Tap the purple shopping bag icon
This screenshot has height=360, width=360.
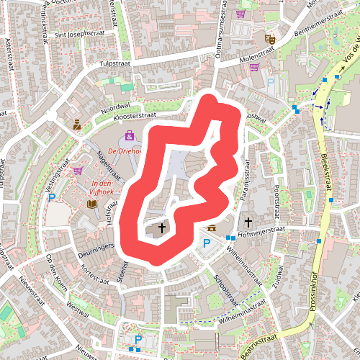click(x=130, y=135)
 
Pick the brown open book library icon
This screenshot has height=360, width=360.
click(x=92, y=204)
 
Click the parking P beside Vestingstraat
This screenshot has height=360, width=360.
click(x=52, y=197)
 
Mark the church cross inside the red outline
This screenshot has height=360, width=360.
click(x=161, y=228)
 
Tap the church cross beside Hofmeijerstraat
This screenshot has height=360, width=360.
click(x=248, y=222)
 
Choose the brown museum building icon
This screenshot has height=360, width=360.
click(x=212, y=228)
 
